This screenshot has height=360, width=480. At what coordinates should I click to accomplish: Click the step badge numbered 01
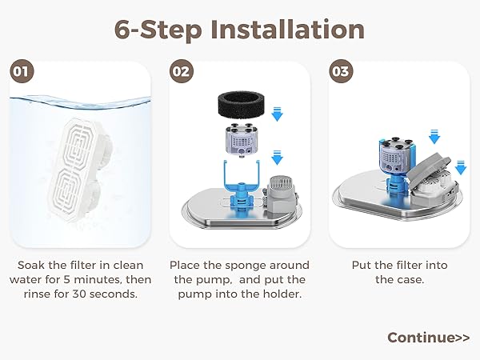click(22, 70)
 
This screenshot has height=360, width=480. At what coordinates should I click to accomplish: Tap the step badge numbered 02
click(182, 70)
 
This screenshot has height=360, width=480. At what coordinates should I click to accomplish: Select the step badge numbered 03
click(342, 70)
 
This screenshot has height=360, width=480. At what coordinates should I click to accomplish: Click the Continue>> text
click(428, 337)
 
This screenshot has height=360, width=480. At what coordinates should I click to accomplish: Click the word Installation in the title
click(288, 30)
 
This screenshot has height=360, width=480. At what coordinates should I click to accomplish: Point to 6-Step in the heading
click(158, 30)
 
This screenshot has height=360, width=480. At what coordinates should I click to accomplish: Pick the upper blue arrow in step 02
click(278, 115)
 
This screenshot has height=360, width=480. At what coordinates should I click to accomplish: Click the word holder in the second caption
click(281, 294)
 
